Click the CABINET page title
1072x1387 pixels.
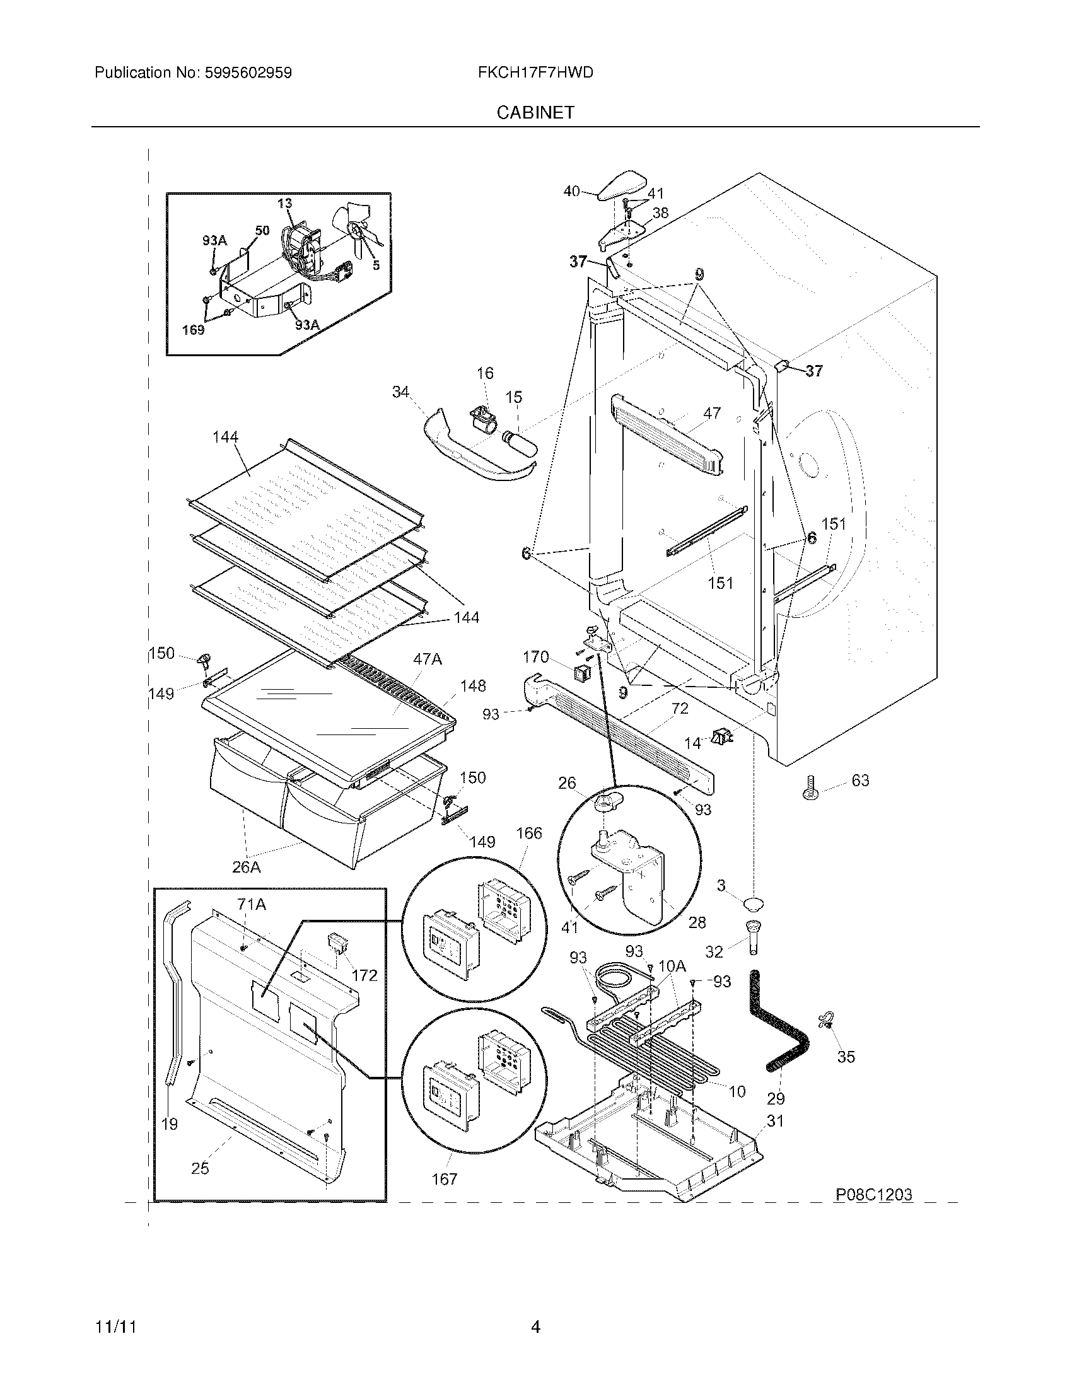[x=535, y=112]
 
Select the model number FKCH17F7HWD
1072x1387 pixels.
[x=535, y=73]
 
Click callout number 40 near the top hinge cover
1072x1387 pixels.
[x=571, y=190]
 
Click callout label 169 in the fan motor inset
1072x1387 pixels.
[x=193, y=330]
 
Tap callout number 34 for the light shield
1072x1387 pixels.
[x=400, y=392]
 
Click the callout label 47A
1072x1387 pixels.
[x=427, y=659]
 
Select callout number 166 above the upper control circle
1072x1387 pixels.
[x=529, y=833]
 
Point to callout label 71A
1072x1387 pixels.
[x=252, y=904]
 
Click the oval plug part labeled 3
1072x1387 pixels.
[x=753, y=903]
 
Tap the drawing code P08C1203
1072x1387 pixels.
[x=874, y=1195]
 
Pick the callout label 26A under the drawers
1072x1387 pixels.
[x=246, y=867]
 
